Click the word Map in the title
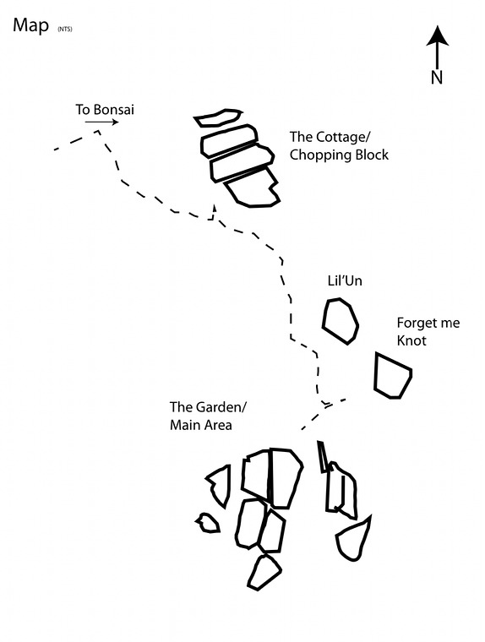30,26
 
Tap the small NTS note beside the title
65,29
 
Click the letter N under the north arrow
437,77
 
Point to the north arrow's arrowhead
438,35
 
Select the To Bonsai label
105,110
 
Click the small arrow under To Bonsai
102,122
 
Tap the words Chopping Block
339,155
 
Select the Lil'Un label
345,280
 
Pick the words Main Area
201,425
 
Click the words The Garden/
209,407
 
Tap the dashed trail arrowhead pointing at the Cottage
214,207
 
